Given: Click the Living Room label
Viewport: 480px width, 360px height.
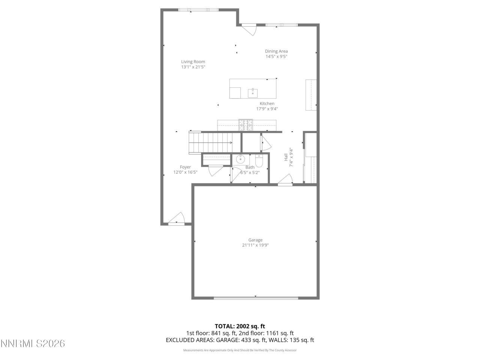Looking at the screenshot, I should [x=193, y=62].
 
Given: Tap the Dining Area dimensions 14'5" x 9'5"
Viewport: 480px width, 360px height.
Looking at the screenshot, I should [x=276, y=57].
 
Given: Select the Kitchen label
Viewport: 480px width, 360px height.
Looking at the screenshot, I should [x=267, y=103].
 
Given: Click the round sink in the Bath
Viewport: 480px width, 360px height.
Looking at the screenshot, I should [x=240, y=159].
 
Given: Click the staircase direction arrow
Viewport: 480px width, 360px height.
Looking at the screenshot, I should [x=230, y=142].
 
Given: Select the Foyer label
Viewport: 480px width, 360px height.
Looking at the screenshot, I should [x=185, y=167].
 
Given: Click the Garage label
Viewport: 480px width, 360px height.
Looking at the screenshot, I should [x=255, y=240].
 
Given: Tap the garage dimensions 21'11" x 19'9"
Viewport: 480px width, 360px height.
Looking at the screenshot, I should [x=255, y=245].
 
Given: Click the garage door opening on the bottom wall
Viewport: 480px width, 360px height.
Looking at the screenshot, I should [x=256, y=298].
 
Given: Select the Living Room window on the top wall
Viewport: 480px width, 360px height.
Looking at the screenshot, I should [x=198, y=10].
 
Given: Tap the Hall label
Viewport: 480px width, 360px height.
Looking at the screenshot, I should [x=286, y=157].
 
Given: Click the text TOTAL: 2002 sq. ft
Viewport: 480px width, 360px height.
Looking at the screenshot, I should [x=240, y=326].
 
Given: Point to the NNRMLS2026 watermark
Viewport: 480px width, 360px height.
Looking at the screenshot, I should [x=33, y=343].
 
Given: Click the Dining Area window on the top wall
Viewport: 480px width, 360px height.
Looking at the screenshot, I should [x=281, y=25].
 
